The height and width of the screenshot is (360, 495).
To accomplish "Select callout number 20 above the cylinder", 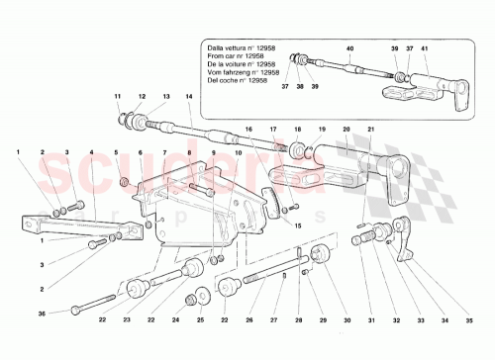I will point(346,131).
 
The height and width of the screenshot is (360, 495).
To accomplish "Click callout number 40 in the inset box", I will point(348,48).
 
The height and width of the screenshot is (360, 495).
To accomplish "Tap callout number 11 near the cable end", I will point(117,96).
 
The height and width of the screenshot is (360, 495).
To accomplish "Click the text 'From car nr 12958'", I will point(238,56).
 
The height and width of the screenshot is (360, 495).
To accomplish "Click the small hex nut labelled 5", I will point(122,182).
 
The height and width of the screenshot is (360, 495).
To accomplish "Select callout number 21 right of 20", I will point(370,131).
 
